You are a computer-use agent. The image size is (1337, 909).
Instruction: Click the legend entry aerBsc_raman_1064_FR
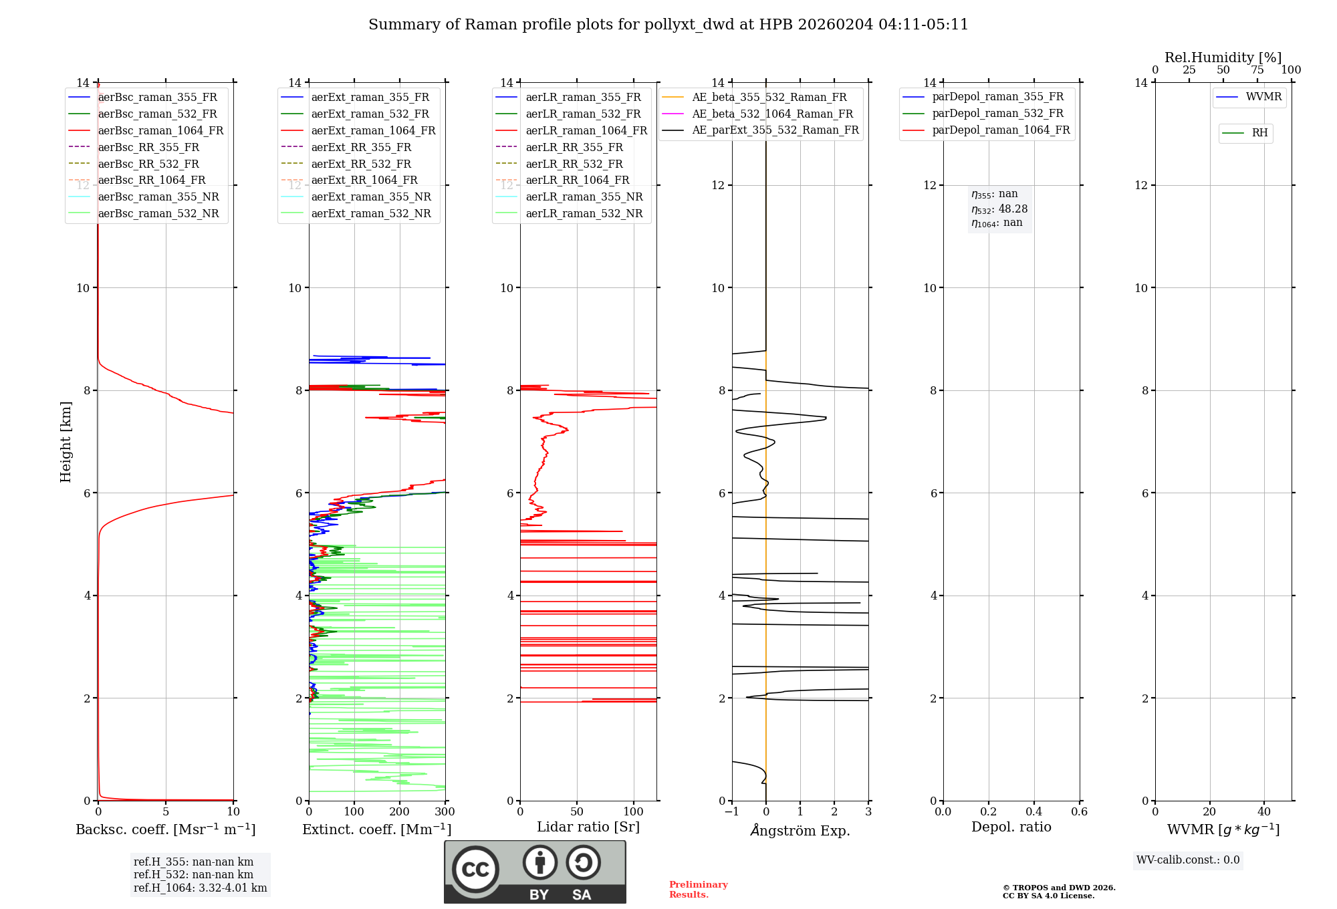160,131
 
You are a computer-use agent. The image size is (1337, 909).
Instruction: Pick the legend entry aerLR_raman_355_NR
584,197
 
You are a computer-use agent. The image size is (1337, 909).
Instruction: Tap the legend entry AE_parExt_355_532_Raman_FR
775,130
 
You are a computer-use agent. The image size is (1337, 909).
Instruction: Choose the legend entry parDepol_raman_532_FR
997,114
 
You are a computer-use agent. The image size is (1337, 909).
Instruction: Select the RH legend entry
1259,133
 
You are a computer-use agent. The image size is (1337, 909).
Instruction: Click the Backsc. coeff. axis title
165,829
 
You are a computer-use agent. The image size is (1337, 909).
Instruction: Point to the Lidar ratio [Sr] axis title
588,827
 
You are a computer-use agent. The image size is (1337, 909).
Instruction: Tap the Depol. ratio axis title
1011,827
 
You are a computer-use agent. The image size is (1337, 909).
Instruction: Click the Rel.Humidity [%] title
1223,57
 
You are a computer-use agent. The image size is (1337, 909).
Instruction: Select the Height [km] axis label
66,442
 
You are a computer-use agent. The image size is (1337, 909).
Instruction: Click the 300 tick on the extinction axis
445,812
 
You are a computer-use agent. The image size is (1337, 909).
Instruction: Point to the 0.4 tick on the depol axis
1034,812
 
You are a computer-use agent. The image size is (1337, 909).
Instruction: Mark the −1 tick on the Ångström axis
731,812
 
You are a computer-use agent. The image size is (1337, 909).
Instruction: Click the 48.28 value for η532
1013,209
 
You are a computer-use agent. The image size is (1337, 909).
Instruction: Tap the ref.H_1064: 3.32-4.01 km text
200,888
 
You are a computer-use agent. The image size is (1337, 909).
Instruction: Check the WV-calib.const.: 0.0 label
1188,860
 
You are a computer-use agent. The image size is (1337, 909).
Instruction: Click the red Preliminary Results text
698,890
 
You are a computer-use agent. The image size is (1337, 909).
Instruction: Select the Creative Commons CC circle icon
475,869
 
